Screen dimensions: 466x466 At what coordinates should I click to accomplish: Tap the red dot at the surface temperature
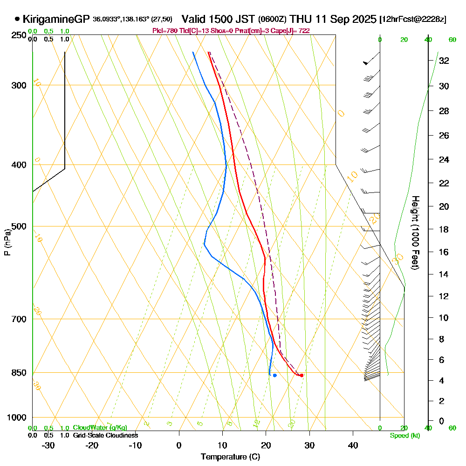click(x=302, y=375)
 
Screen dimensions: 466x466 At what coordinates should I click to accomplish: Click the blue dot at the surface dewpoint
click(x=274, y=375)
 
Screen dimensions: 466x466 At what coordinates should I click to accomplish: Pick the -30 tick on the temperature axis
click(x=48, y=445)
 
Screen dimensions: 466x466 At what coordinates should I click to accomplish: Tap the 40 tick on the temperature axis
click(x=353, y=445)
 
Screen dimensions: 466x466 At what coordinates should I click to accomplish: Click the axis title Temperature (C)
click(x=230, y=457)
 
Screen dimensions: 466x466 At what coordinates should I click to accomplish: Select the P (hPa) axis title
click(x=7, y=242)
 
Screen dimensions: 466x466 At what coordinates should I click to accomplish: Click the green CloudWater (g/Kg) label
click(x=100, y=427)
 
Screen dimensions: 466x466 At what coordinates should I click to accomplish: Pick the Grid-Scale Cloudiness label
click(x=105, y=435)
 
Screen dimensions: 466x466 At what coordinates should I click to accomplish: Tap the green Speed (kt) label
click(x=404, y=435)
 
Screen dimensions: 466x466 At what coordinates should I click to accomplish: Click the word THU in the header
click(x=300, y=20)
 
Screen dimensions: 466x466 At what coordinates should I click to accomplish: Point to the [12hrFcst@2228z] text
click(x=413, y=20)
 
